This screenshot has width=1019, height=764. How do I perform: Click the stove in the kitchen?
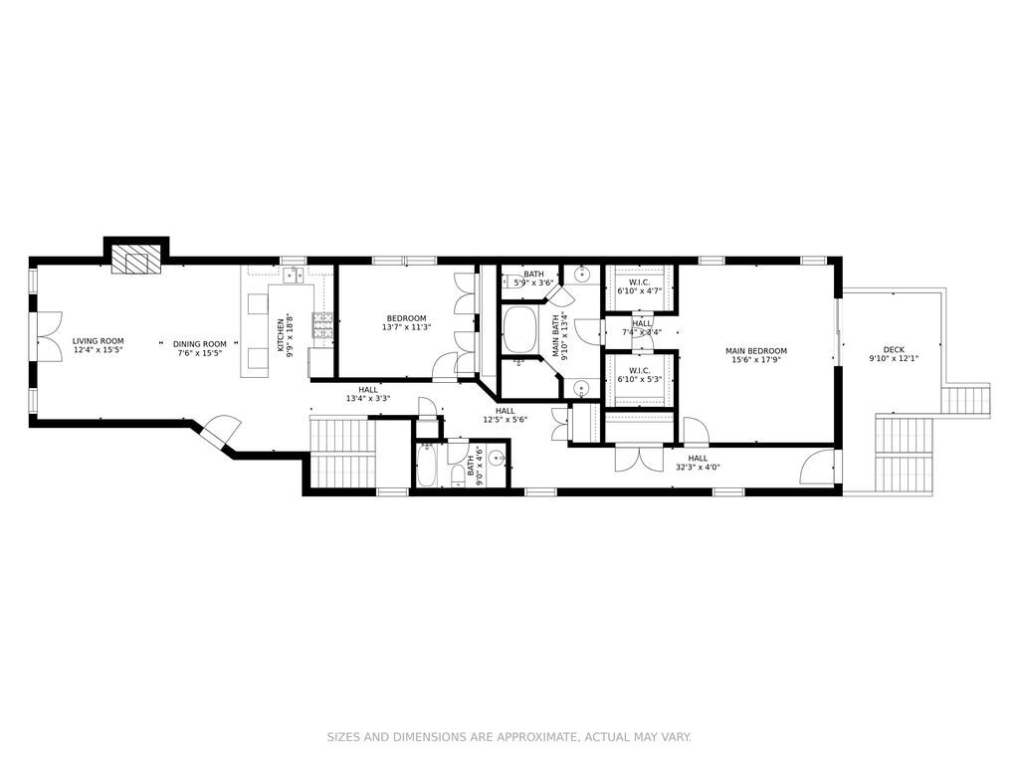click(x=323, y=324)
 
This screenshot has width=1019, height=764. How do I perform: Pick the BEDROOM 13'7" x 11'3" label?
click(x=406, y=323)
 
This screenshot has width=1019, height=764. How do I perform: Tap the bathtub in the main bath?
click(x=519, y=330)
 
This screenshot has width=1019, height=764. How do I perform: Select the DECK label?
click(x=894, y=349)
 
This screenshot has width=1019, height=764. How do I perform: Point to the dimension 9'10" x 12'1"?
click(x=894, y=358)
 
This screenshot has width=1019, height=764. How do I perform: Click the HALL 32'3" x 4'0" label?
click(x=698, y=463)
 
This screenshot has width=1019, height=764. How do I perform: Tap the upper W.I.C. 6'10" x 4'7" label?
click(x=640, y=286)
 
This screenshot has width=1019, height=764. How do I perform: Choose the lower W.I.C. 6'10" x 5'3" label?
click(x=640, y=375)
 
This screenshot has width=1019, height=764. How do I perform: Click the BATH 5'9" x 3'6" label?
click(x=534, y=279)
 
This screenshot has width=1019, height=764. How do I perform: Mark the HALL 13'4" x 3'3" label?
click(x=368, y=394)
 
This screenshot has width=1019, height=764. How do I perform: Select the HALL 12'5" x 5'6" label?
click(x=506, y=415)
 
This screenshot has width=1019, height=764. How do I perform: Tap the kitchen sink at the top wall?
click(x=294, y=275)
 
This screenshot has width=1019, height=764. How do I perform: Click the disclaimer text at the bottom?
click(x=509, y=737)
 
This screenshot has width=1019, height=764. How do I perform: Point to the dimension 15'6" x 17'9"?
click(x=756, y=360)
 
